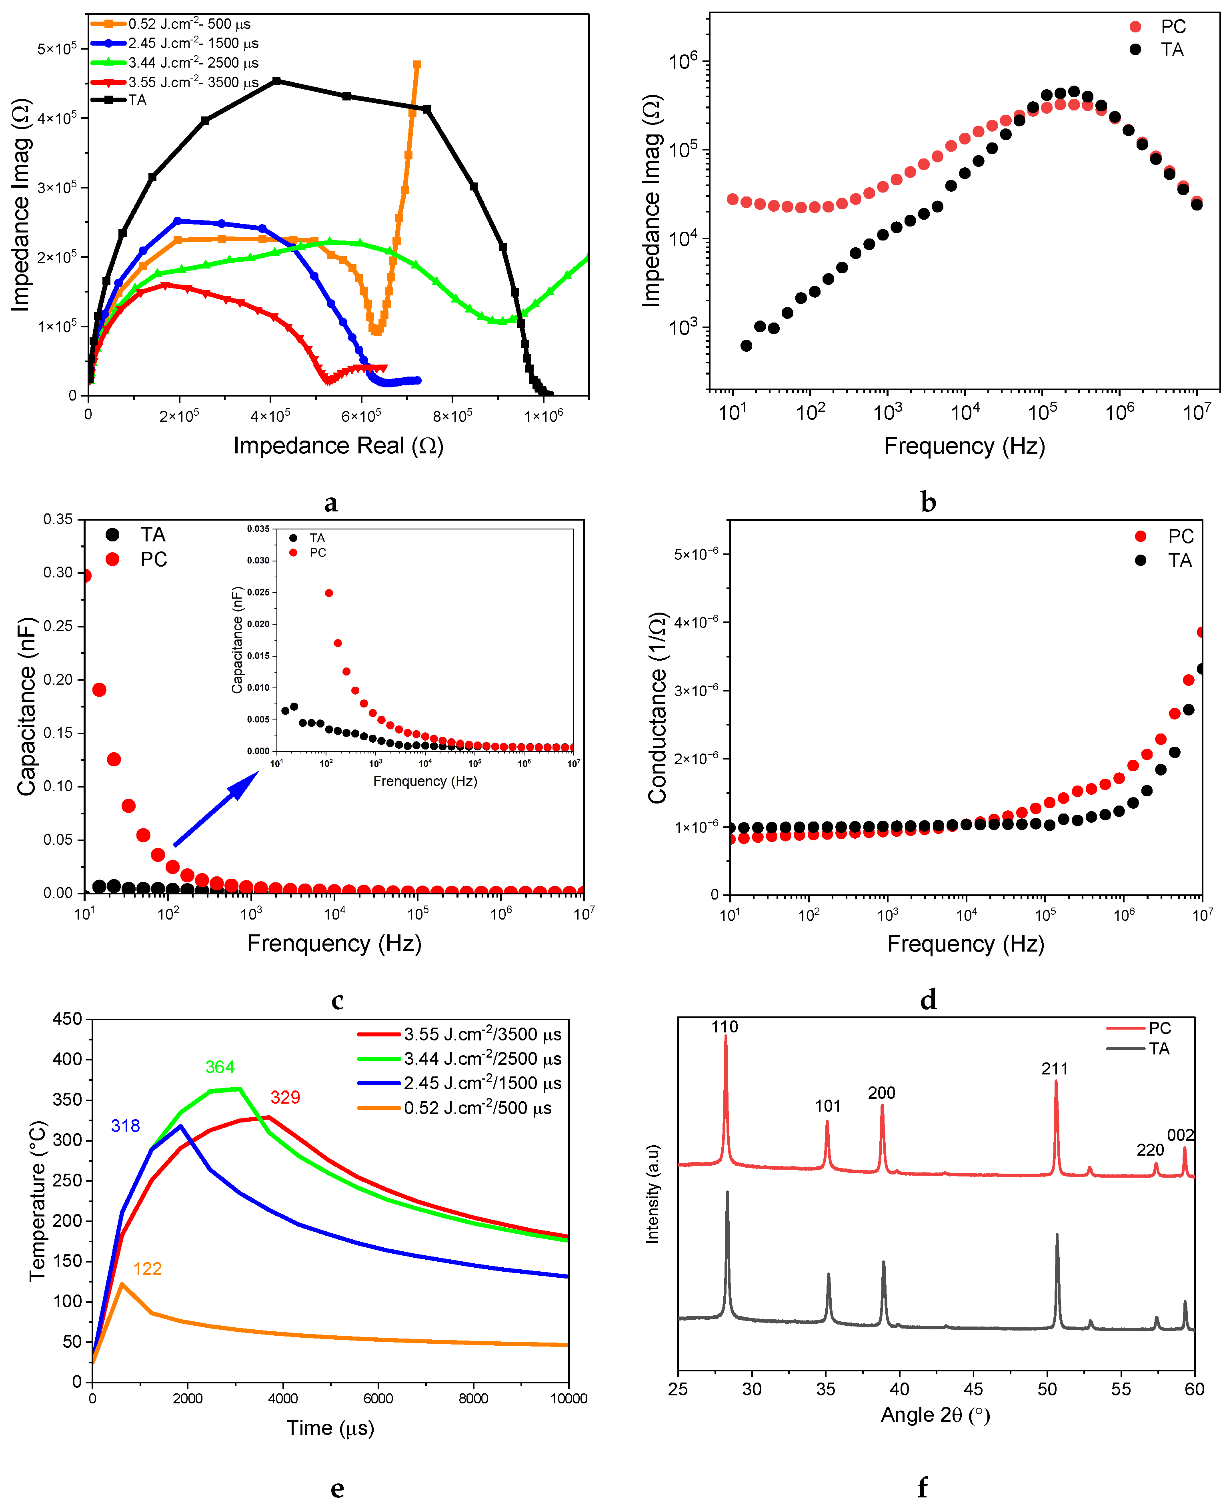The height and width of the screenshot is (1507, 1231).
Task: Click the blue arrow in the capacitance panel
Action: (x=216, y=808)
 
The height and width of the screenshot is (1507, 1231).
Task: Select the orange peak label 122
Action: (x=148, y=1269)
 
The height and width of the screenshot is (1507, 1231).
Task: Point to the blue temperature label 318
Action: (x=126, y=1126)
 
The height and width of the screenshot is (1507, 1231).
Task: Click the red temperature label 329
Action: (x=285, y=1097)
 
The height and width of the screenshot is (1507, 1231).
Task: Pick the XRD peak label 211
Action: (x=1055, y=1069)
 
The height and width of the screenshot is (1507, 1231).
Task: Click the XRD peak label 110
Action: (x=725, y=1027)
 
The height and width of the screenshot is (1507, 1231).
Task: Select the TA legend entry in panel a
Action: (x=137, y=100)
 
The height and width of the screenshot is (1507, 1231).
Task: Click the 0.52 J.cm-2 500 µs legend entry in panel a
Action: (x=188, y=24)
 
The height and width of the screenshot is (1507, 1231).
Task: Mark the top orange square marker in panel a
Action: (x=417, y=64)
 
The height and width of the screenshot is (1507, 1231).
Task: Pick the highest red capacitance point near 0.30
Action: (x=86, y=575)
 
